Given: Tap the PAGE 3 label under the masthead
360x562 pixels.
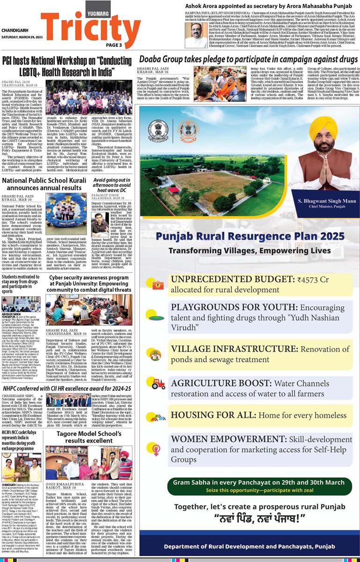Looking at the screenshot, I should pyautogui.click(x=114, y=45).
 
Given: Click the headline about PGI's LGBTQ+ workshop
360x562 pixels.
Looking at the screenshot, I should pyautogui.click(x=67, y=66).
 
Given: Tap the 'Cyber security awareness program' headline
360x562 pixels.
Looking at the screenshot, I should pyautogui.click(x=89, y=283).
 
